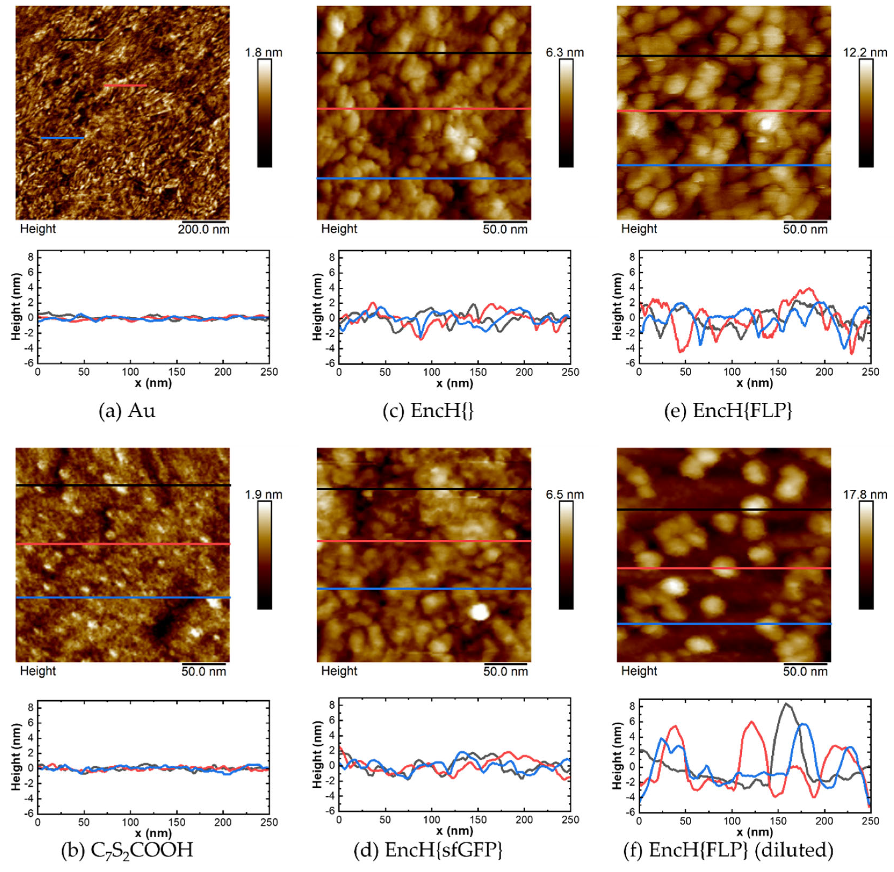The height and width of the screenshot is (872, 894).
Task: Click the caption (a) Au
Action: click(x=127, y=410)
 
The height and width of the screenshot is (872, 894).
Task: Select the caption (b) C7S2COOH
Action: click(x=127, y=849)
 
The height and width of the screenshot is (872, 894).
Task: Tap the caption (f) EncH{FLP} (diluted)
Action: click(x=728, y=849)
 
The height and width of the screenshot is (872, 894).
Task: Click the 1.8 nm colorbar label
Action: click(x=263, y=53)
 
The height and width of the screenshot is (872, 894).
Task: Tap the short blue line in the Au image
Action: click(x=62, y=138)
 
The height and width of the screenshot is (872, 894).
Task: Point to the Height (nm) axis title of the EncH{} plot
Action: click(x=317, y=307)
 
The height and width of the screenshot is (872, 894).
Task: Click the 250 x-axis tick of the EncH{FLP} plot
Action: click(x=870, y=372)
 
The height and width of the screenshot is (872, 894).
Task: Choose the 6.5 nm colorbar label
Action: click(x=564, y=494)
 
